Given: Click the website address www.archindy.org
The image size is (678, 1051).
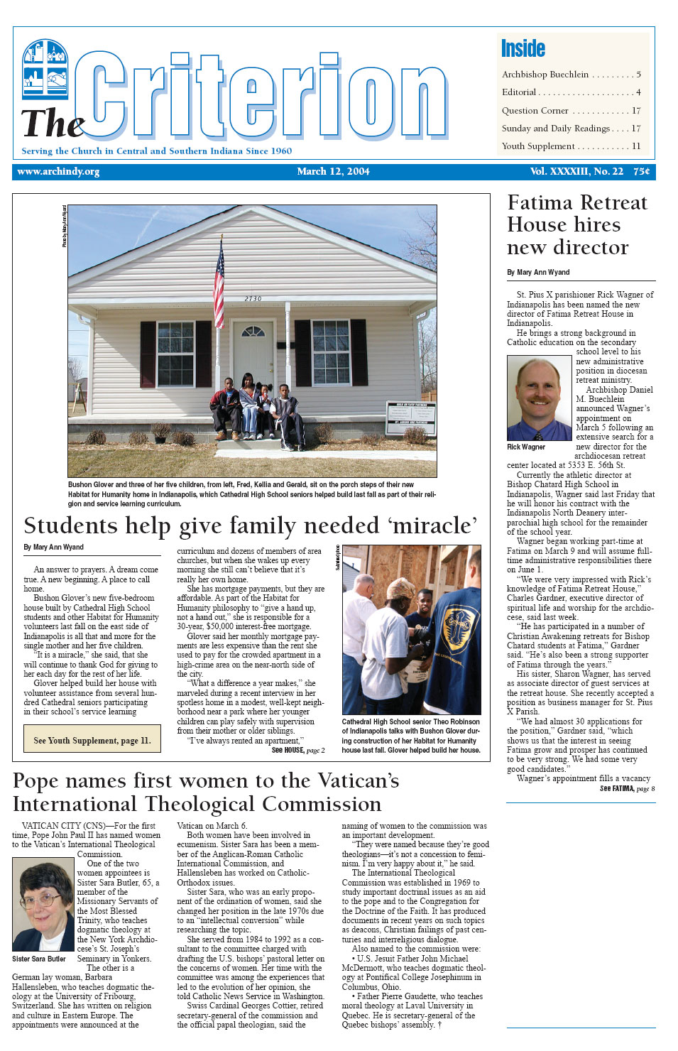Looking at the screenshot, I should pyautogui.click(x=58, y=172).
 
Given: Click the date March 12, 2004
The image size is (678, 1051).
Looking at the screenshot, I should pyautogui.click(x=333, y=172).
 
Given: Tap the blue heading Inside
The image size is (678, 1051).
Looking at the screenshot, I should pyautogui.click(x=523, y=48).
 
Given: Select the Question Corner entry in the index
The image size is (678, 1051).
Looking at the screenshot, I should pyautogui.click(x=535, y=111).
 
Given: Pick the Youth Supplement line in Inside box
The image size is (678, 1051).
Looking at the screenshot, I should pyautogui.click(x=538, y=146).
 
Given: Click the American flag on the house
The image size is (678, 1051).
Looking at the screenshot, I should pyautogui.click(x=219, y=282).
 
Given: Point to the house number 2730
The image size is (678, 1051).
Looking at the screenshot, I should pyautogui.click(x=253, y=299).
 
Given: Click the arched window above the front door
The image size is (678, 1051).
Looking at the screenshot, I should pyautogui.click(x=253, y=331).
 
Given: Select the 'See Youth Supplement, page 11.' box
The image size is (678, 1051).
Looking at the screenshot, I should pyautogui.click(x=92, y=740).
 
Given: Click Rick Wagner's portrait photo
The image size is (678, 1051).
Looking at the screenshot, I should pyautogui.click(x=539, y=398).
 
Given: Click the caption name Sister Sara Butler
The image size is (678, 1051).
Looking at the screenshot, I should pyautogui.click(x=39, y=959).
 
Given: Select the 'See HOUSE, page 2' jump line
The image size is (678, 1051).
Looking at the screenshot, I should pyautogui.click(x=298, y=750).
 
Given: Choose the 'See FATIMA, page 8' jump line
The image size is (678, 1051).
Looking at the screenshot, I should pyautogui.click(x=627, y=788).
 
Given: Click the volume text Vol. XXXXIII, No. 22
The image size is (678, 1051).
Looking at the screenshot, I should pyautogui.click(x=576, y=172).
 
